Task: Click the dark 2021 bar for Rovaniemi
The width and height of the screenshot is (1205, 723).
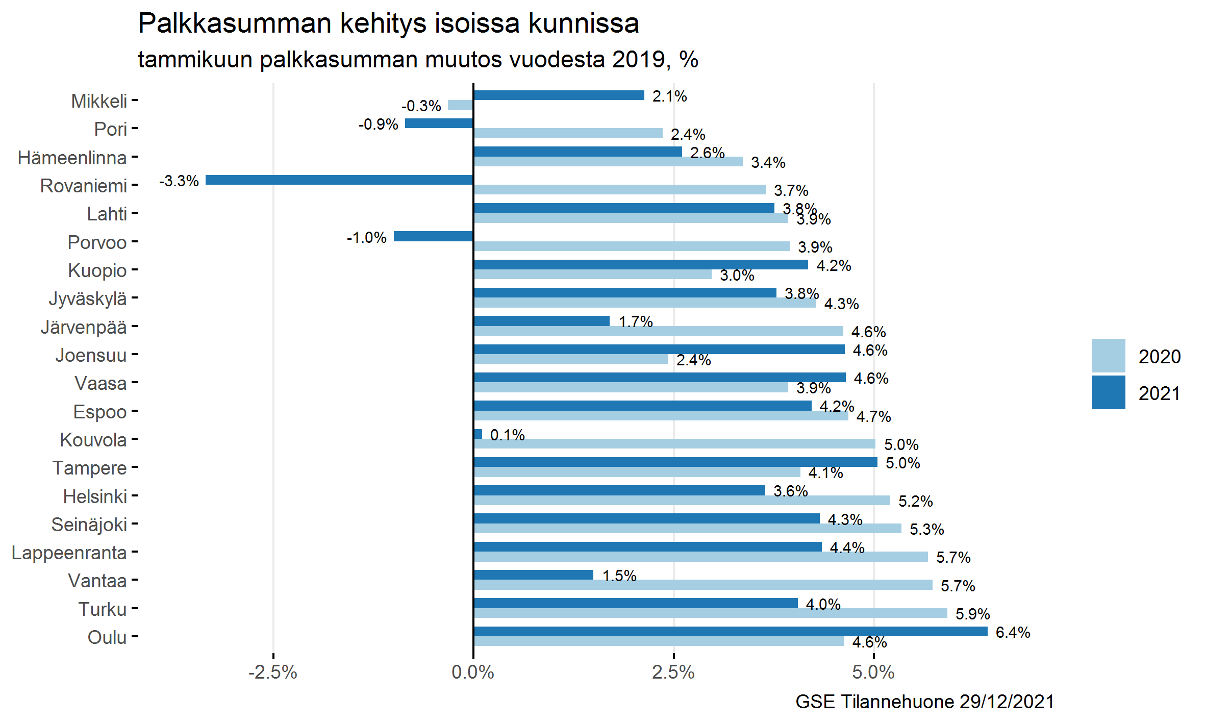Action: (339, 180)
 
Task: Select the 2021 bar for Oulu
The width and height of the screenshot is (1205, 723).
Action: (730, 632)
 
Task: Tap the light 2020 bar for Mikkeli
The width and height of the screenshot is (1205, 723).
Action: (460, 106)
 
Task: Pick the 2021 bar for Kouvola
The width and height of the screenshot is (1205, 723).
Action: (478, 434)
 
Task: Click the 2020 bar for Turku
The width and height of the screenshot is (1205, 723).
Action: (710, 613)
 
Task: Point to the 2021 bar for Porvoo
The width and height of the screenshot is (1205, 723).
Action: (433, 236)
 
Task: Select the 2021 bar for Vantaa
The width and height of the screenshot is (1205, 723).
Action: (533, 575)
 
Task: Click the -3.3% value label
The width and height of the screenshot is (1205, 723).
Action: (179, 181)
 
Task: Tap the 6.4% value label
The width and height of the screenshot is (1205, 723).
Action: (1013, 633)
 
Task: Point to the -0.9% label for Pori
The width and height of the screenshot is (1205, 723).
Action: (378, 124)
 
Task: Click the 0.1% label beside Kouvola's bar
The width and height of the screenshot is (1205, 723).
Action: (507, 435)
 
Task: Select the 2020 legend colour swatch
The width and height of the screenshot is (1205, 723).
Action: (1108, 356)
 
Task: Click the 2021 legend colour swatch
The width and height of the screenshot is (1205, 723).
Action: (1108, 392)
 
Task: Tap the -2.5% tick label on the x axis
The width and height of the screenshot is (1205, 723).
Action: (273, 672)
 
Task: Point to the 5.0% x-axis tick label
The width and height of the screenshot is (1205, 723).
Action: (873, 672)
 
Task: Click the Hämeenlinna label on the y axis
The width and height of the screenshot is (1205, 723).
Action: (72, 158)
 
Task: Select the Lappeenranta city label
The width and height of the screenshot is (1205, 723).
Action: (69, 553)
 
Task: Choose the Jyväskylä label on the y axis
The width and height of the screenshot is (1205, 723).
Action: (88, 299)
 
